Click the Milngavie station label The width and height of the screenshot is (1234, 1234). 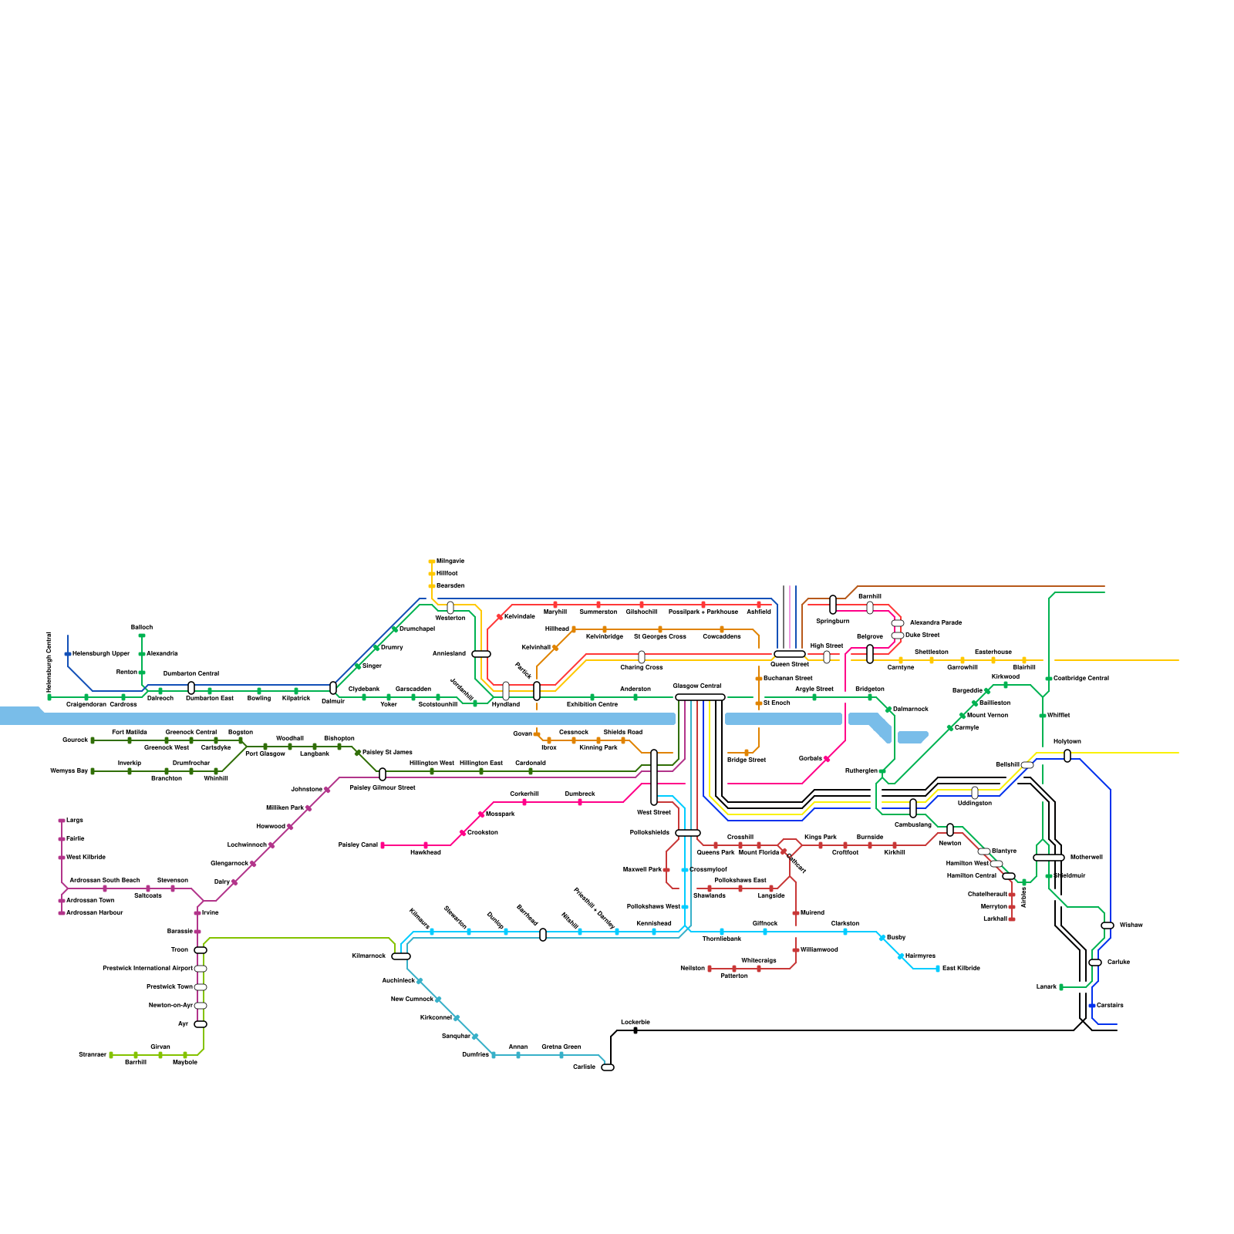point(450,561)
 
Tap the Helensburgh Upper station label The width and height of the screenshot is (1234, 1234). point(101,653)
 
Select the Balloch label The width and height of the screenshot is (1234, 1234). point(142,627)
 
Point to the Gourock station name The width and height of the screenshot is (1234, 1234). point(76,740)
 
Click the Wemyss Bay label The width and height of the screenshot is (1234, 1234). point(69,770)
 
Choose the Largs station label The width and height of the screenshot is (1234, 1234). point(75,820)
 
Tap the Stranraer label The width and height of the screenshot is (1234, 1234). point(93,1054)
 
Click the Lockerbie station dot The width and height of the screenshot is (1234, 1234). point(636,1030)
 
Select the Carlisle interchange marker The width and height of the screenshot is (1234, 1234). point(608,1067)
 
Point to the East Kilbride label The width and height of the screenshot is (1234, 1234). point(961,968)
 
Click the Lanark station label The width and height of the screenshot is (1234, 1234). point(1047,986)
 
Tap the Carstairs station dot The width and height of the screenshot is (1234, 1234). point(1092,1006)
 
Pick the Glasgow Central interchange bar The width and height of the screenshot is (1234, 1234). point(700,697)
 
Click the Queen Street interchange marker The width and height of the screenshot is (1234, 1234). point(790,654)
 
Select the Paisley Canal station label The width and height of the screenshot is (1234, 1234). point(359,845)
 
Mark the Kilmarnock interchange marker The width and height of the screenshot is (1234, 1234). point(401,956)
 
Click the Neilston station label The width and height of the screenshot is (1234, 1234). point(693,968)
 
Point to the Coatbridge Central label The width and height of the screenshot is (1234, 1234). point(1081,678)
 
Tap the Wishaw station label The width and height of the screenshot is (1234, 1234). point(1131,925)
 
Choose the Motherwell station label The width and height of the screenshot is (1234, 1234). point(1087,857)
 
